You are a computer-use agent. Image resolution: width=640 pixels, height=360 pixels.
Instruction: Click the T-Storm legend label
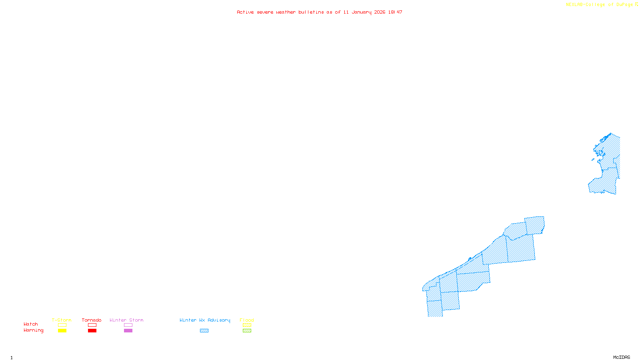(62, 320)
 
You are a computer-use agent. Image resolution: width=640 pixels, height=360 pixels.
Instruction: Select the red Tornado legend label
(92, 320)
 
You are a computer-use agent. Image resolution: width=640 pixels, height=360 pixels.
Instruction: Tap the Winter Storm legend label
(126, 320)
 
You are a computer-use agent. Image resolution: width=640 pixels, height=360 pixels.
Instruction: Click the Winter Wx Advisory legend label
(205, 320)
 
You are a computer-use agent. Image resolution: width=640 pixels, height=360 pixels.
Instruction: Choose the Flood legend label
(247, 320)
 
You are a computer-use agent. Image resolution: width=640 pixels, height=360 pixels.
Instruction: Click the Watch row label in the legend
(31, 324)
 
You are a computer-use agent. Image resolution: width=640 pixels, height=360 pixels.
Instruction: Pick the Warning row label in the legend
(34, 330)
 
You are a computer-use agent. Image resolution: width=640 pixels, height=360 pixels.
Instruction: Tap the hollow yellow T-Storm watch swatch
(62, 325)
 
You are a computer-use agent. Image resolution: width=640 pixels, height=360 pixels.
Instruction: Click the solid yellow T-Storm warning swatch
(62, 331)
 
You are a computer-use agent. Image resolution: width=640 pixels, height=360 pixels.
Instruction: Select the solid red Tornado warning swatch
(92, 331)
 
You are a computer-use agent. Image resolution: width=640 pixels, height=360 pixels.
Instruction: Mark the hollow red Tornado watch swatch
(92, 325)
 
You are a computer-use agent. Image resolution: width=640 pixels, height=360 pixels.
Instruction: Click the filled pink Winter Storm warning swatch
(128, 331)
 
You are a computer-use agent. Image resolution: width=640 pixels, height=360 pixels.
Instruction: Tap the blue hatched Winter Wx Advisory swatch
(204, 331)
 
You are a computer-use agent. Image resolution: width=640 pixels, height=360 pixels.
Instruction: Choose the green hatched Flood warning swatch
(247, 331)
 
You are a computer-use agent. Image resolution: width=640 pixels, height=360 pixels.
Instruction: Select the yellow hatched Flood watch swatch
(247, 325)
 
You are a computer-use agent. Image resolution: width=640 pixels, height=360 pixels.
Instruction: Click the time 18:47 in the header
(395, 12)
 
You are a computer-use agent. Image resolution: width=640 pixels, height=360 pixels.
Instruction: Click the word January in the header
(362, 12)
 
